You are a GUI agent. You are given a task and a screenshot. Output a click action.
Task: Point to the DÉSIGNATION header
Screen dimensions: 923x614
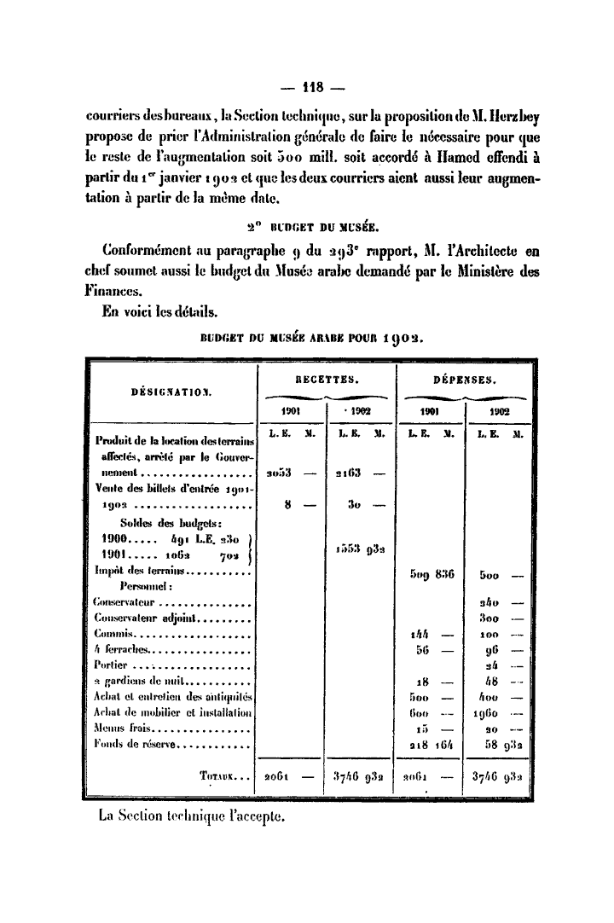(171, 393)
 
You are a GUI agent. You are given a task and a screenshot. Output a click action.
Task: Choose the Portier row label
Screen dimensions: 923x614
(111, 664)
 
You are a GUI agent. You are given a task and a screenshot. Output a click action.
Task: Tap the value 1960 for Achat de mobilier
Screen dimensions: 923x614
(487, 714)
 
